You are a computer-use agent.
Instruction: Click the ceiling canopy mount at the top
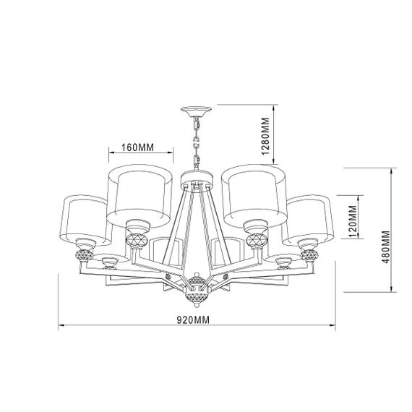pyautogui.click(x=196, y=111)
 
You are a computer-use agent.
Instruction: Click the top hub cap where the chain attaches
pyautogui.click(x=195, y=175)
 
